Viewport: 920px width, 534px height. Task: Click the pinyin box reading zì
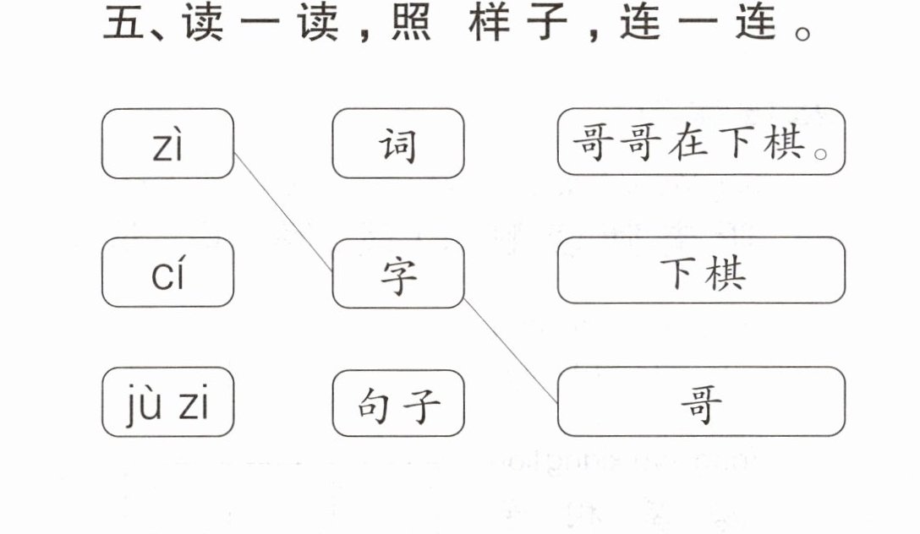[167, 144]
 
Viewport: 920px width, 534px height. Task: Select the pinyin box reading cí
[167, 272]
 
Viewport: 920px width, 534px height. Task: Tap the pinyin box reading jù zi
[167, 402]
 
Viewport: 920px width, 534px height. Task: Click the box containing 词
[398, 144]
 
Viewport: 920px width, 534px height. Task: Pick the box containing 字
[398, 273]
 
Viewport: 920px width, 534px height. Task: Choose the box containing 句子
[398, 403]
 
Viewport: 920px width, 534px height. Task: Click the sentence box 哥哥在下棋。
[701, 142]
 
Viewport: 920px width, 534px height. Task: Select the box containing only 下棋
[701, 270]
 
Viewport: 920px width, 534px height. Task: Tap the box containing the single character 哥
[701, 401]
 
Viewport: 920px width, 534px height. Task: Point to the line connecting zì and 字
[283, 212]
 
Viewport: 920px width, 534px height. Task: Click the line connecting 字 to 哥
[511, 351]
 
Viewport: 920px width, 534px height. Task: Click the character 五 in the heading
[123, 22]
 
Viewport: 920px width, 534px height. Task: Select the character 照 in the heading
[411, 22]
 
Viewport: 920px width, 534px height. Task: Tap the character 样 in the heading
[489, 22]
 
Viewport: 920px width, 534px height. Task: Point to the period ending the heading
[802, 32]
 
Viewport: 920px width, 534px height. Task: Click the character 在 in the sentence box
[687, 143]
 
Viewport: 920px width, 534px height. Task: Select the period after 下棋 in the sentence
[821, 154]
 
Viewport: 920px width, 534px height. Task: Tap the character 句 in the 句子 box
[374, 405]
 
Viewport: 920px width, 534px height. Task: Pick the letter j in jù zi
[133, 406]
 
